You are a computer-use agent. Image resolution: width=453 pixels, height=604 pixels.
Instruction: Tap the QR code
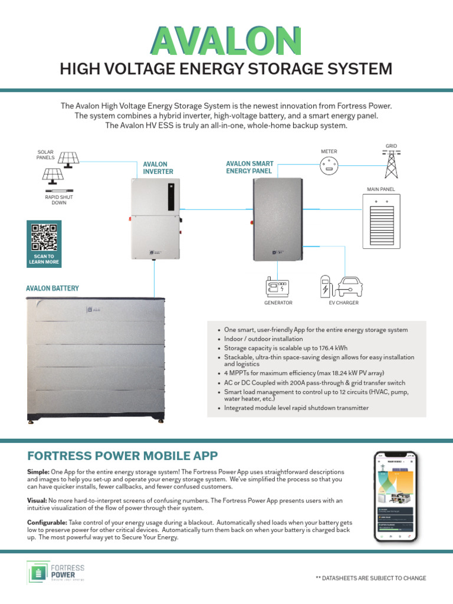tap(44, 237)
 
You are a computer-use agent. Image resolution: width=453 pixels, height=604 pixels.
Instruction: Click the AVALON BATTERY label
tap(52, 288)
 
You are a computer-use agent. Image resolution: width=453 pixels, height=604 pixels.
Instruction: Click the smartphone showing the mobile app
tap(396, 497)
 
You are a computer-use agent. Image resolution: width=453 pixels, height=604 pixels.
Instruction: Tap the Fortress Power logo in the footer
tap(56, 573)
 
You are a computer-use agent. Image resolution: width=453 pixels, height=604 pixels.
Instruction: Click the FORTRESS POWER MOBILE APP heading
tap(123, 455)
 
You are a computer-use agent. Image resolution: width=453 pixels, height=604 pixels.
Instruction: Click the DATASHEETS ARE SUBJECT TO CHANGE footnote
tap(370, 578)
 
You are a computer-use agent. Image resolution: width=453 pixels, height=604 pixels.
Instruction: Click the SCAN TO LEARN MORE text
tap(44, 259)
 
